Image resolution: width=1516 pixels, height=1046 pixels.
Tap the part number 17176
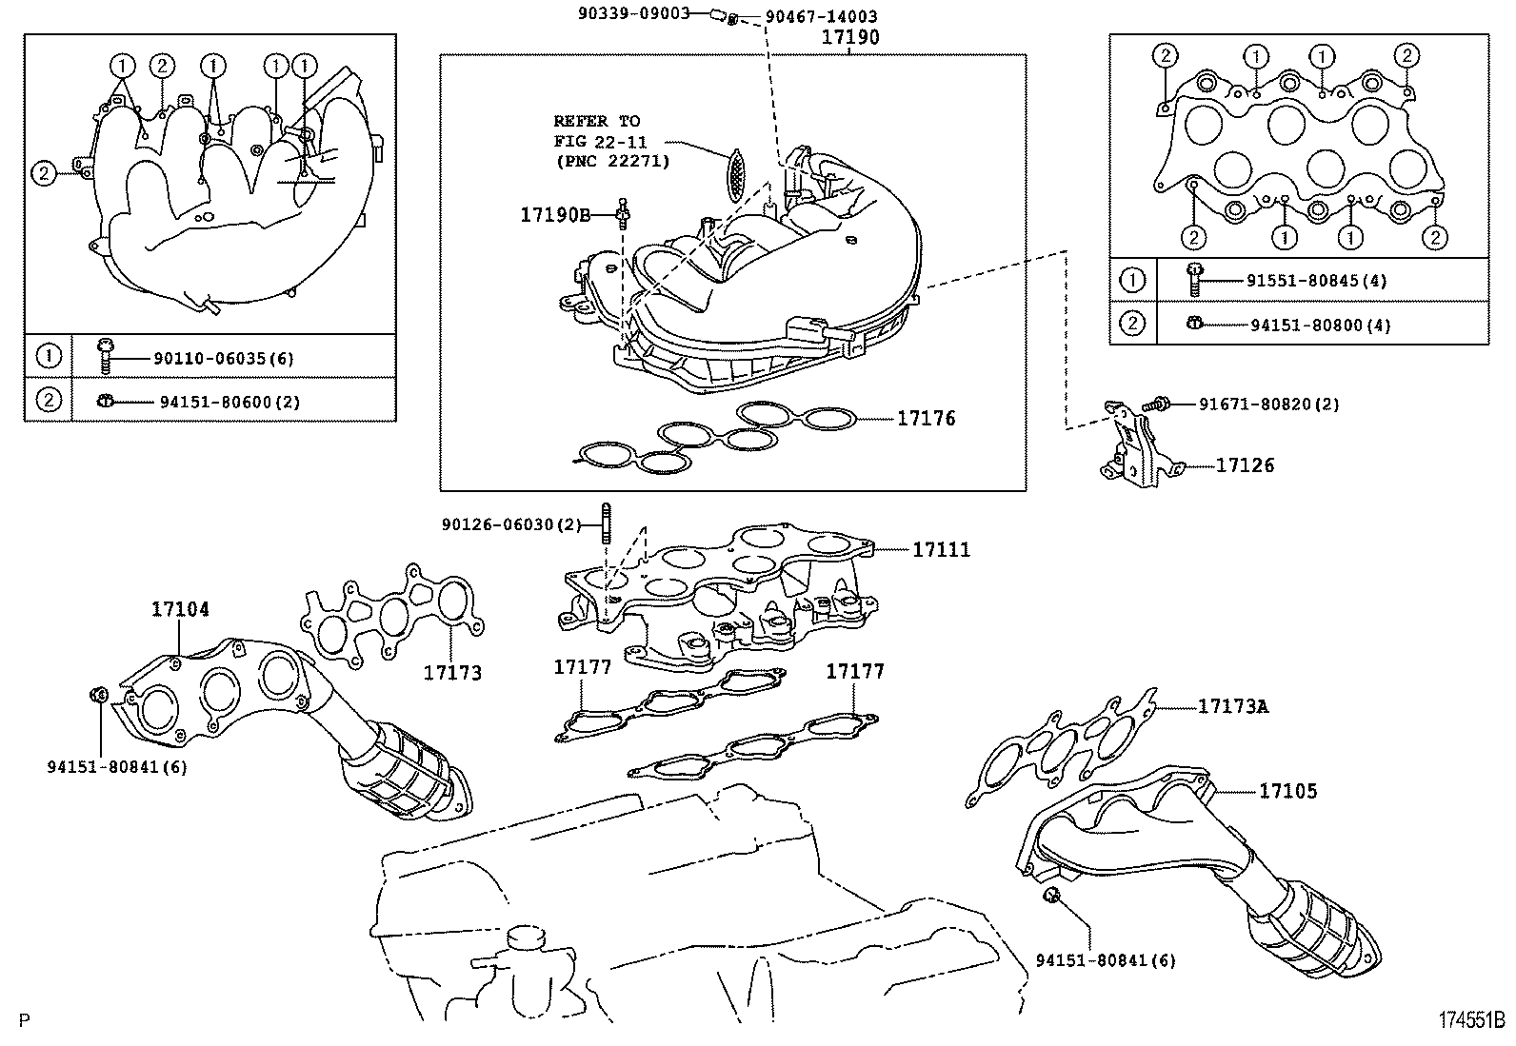(x=926, y=418)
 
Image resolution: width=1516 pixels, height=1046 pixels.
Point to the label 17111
(x=941, y=549)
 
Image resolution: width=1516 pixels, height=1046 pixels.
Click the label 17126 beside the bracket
(x=1244, y=465)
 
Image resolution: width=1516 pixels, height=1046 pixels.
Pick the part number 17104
(x=180, y=608)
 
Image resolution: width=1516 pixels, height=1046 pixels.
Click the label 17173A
(x=1232, y=706)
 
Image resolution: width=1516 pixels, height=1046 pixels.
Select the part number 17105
(x=1287, y=790)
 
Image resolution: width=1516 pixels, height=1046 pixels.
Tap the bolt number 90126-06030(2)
(x=510, y=524)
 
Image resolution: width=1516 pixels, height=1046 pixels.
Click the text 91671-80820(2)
(x=1268, y=405)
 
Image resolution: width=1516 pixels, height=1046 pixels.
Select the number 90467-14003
(x=821, y=16)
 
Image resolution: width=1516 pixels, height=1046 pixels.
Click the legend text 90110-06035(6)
(x=224, y=359)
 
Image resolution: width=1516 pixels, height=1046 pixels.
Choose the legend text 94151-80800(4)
(x=1320, y=325)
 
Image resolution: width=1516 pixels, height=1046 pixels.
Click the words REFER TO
(x=597, y=121)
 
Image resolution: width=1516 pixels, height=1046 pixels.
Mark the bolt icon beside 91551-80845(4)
(x=1193, y=278)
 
